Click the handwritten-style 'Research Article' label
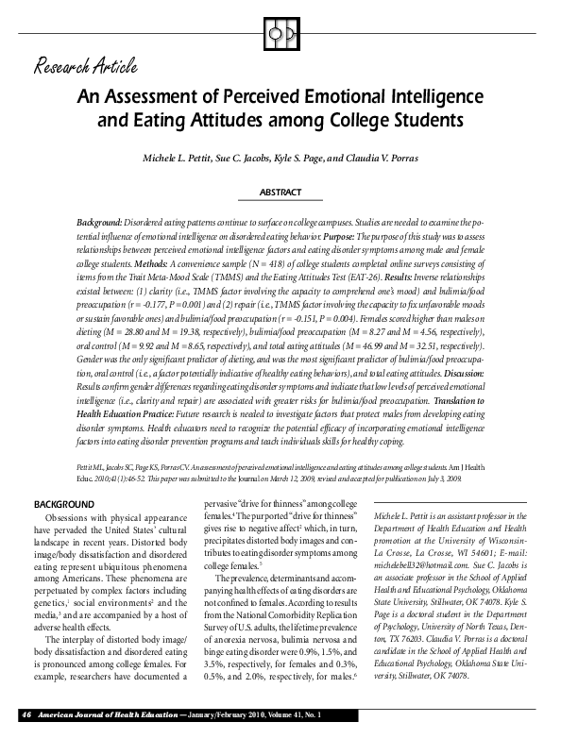pyautogui.click(x=86, y=66)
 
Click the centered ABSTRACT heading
pyautogui.click(x=280, y=193)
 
